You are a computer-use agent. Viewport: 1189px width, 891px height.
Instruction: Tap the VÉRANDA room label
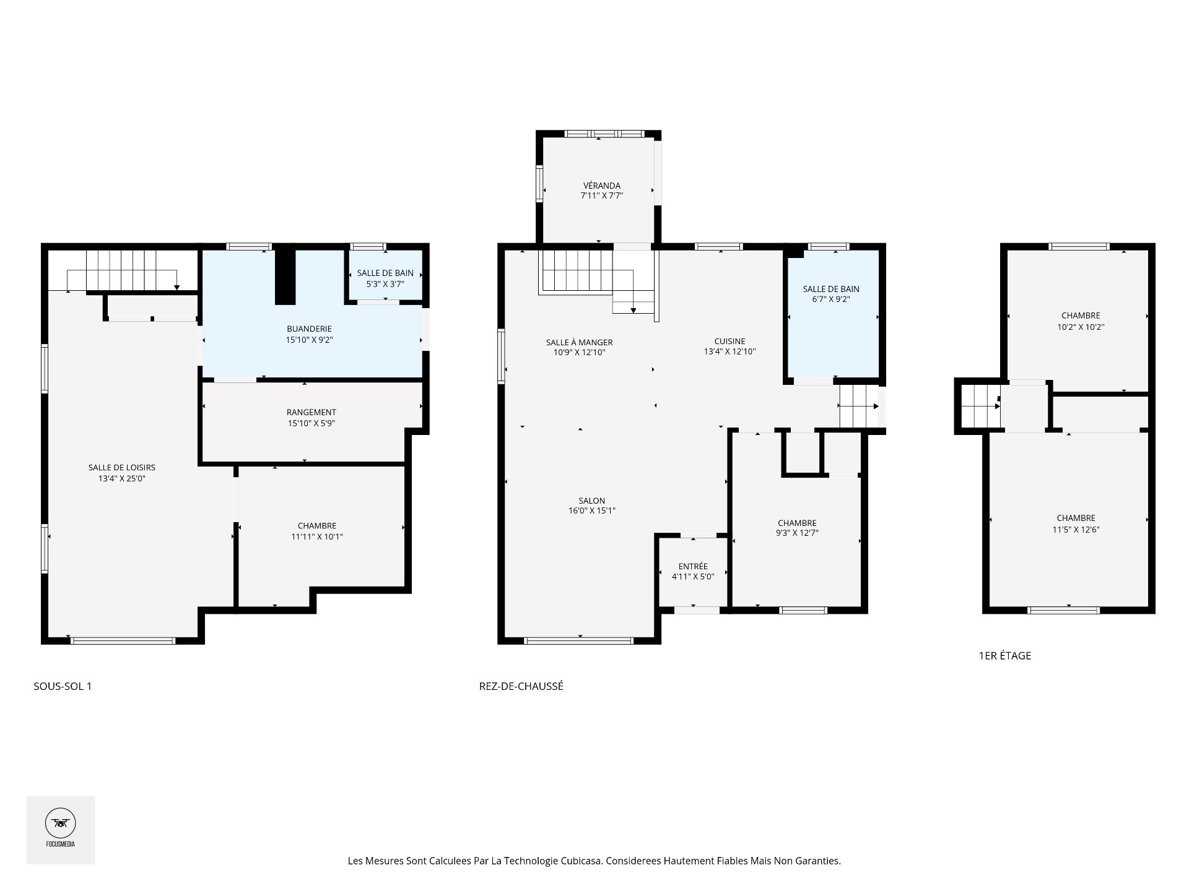click(601, 186)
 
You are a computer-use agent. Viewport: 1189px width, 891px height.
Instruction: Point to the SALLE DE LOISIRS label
click(121, 468)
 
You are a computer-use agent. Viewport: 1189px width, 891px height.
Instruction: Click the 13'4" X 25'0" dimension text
click(121, 478)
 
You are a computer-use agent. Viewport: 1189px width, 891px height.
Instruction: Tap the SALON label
click(592, 501)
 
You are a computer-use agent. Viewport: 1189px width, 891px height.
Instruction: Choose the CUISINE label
click(730, 341)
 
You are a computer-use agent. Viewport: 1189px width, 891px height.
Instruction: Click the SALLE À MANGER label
click(579, 342)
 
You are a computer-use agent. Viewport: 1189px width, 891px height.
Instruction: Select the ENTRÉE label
click(693, 566)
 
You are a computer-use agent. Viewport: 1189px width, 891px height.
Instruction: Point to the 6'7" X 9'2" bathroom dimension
click(831, 299)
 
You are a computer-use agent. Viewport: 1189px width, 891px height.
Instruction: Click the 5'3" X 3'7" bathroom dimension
click(385, 283)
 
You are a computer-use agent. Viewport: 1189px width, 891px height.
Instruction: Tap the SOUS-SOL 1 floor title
click(63, 686)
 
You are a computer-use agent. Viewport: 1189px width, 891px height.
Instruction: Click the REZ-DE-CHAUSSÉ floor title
click(521, 686)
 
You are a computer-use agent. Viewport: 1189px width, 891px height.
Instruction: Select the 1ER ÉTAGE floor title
click(1004, 656)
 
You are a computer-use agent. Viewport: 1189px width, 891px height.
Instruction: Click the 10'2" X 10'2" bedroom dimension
click(1081, 327)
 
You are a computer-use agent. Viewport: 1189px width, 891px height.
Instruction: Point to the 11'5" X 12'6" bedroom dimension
click(1076, 530)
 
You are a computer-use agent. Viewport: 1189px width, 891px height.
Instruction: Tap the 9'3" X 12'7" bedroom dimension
click(797, 533)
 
